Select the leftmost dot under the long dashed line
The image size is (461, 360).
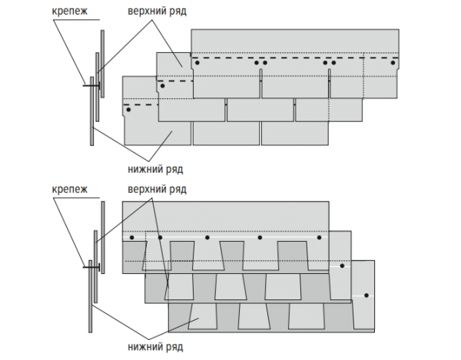pyautogui.click(x=197, y=64)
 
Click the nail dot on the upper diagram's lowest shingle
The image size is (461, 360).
pyautogui.click(x=129, y=111)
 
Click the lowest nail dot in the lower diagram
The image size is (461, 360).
pyautogui.click(x=367, y=296)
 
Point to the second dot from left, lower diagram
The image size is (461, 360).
pyautogui.click(x=160, y=238)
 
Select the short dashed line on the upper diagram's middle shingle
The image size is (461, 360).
pyautogui.click(x=174, y=81)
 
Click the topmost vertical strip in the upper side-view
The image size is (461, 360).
pyautogui.click(x=102, y=54)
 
